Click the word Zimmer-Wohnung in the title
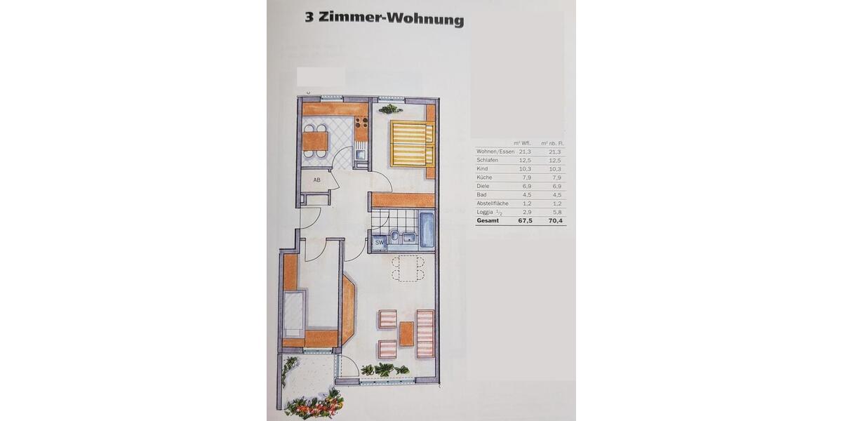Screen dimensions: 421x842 (x=391, y=19)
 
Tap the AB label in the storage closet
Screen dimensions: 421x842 (x=316, y=180)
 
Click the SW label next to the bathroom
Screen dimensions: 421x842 (x=379, y=243)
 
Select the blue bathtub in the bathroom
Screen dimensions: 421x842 (x=427, y=229)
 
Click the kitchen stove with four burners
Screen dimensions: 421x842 (x=361, y=128)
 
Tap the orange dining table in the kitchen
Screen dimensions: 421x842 (x=315, y=141)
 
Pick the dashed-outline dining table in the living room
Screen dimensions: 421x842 (x=408, y=268)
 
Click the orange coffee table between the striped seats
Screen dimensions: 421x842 (x=406, y=333)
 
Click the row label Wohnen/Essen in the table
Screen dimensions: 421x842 (x=495, y=152)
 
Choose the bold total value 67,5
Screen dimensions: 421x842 (x=526, y=220)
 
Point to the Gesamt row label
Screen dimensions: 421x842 (x=488, y=220)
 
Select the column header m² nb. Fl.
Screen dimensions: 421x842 (x=552, y=143)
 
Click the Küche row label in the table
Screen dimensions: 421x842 (x=485, y=178)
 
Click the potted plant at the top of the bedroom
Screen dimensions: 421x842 (x=390, y=109)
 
